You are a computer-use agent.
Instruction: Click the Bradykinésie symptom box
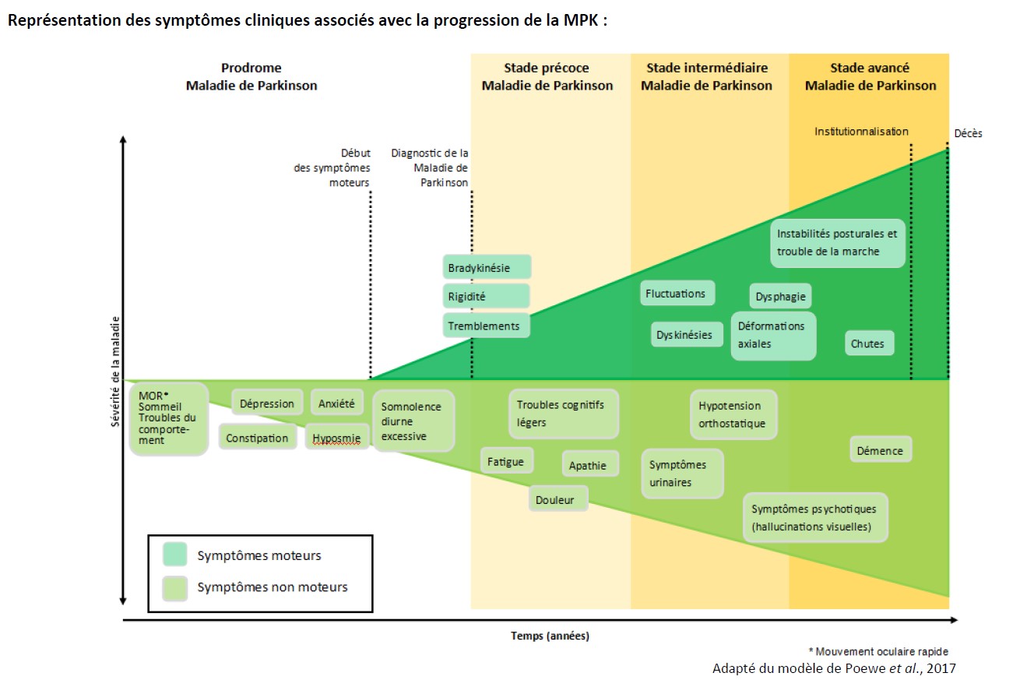pyautogui.click(x=487, y=267)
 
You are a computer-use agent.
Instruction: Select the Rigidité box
pyautogui.click(x=487, y=296)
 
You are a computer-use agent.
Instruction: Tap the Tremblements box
pyautogui.click(x=487, y=326)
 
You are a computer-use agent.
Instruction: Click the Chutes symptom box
pyautogui.click(x=869, y=343)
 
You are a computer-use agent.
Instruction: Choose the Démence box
pyautogui.click(x=880, y=449)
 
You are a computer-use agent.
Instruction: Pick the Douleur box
pyautogui.click(x=557, y=499)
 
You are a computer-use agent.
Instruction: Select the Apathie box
pyautogui.click(x=589, y=465)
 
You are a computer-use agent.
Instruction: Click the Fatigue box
pyautogui.click(x=507, y=461)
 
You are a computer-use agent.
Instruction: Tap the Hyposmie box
pyautogui.click(x=337, y=437)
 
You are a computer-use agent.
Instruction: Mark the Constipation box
pyautogui.click(x=258, y=438)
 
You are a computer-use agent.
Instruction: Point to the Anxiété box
pyautogui.click(x=337, y=403)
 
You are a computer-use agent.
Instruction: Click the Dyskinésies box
pyautogui.click(x=685, y=335)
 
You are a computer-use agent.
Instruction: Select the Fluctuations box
pyautogui.click(x=677, y=294)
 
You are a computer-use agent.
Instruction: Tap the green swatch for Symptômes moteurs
pyautogui.click(x=175, y=555)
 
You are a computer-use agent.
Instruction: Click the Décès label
pyautogui.click(x=969, y=133)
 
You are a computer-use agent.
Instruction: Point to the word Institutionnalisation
pyautogui.click(x=861, y=131)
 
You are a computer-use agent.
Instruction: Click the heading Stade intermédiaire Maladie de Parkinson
pyautogui.click(x=707, y=77)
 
